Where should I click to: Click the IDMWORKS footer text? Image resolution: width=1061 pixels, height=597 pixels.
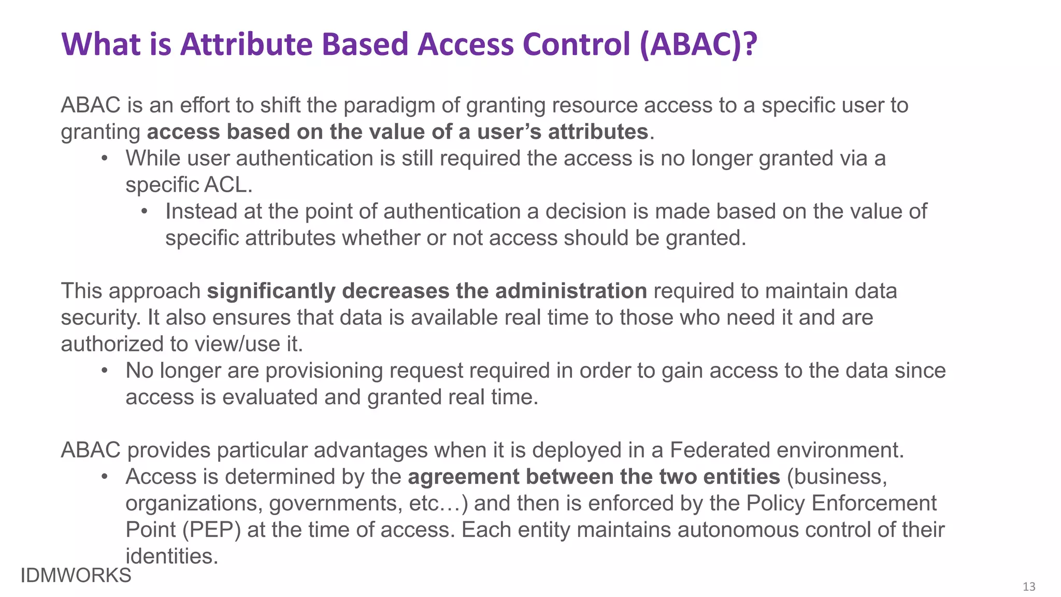(76, 576)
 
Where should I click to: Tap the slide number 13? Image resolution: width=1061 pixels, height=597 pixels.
(1029, 587)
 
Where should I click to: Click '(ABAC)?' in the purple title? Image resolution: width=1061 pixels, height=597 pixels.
(698, 45)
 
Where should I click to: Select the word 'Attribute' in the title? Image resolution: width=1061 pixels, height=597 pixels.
(247, 45)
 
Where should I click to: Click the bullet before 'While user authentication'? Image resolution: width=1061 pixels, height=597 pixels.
(105, 158)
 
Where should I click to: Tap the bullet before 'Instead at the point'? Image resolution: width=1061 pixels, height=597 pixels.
(145, 211)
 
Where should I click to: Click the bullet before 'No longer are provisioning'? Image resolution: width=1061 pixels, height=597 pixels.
(105, 371)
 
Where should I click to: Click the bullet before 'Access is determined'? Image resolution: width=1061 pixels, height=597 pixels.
(105, 477)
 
